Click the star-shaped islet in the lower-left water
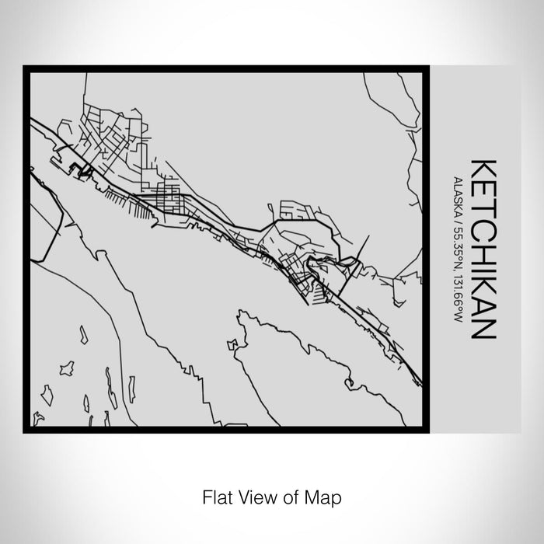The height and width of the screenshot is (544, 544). [67, 368]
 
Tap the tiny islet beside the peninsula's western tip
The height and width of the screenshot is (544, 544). [232, 343]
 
